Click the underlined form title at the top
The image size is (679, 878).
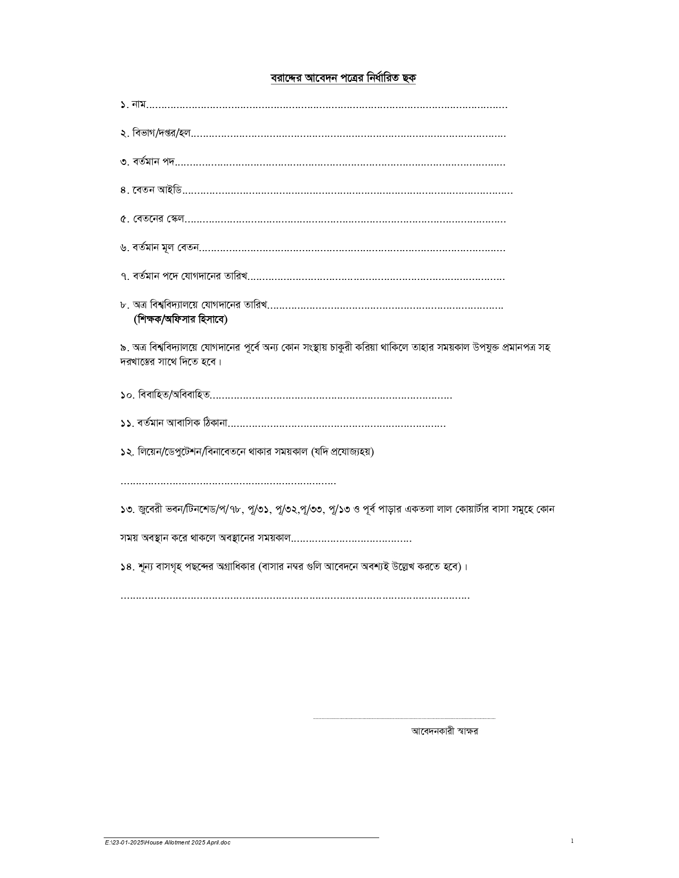point(343,78)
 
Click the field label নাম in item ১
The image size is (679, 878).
point(138,105)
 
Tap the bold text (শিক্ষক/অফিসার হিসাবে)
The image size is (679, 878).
point(181,320)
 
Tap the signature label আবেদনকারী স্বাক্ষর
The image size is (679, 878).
point(444,731)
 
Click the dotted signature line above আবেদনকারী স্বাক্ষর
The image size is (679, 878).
point(404,718)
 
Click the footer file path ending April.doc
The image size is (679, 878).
point(168,842)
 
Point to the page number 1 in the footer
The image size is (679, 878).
point(572,841)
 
